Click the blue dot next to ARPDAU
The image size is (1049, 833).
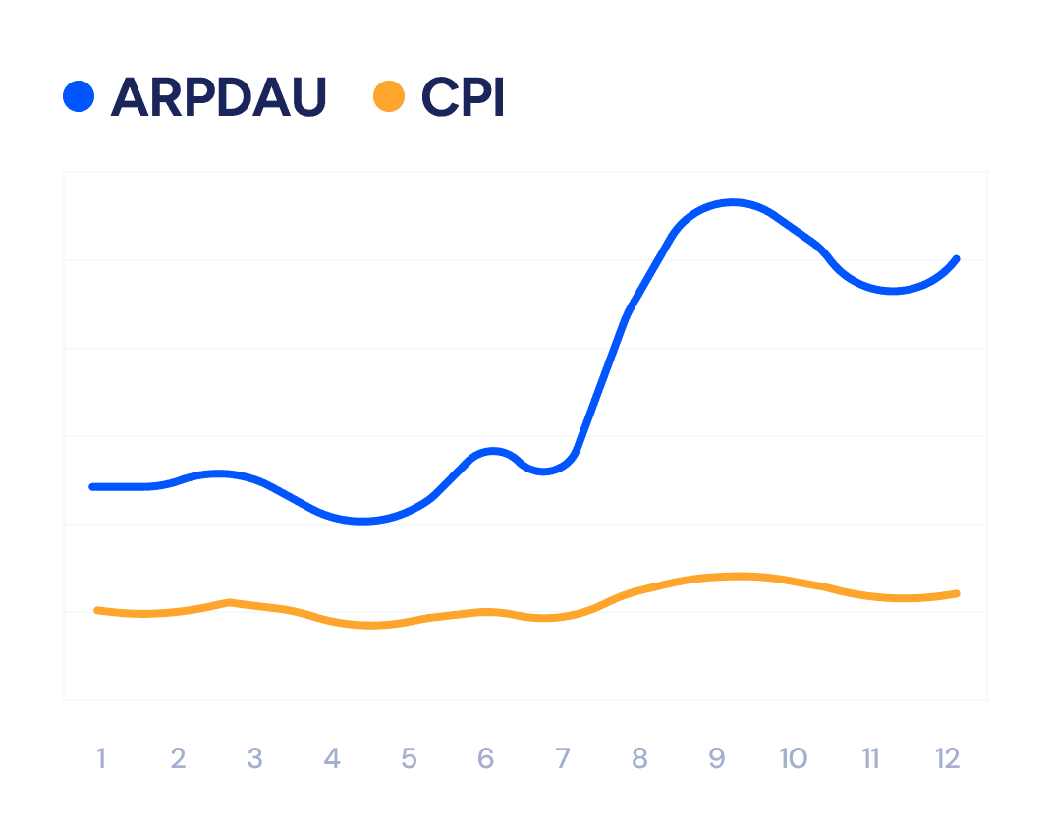[78, 96]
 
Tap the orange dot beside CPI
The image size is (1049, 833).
[389, 96]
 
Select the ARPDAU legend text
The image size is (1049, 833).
[218, 96]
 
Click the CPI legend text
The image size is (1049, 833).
[463, 96]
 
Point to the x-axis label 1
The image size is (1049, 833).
[100, 758]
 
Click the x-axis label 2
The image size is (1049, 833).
[178, 758]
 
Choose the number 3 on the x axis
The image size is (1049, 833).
[254, 758]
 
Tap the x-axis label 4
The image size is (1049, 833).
[332, 758]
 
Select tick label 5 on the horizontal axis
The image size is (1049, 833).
[409, 758]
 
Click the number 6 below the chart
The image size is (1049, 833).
[486, 758]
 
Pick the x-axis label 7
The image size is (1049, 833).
[563, 758]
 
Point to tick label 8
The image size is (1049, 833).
[640, 758]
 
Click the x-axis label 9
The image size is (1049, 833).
[717, 758]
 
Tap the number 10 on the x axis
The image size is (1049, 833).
[793, 758]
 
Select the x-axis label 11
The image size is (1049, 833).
[870, 758]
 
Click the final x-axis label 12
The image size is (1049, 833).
[947, 758]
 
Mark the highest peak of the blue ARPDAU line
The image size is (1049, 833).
[733, 203]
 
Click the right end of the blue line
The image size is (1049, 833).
[956, 259]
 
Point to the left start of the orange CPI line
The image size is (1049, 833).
[96, 610]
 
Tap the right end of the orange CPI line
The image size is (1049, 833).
[956, 593]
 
